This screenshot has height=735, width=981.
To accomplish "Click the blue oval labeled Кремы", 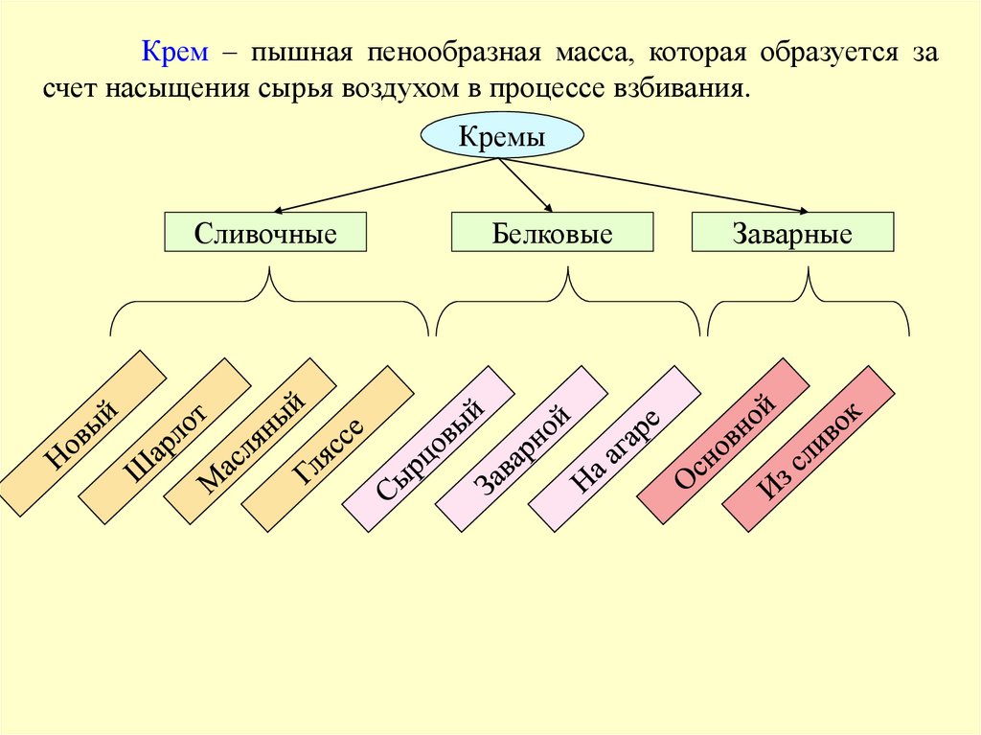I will (502, 137).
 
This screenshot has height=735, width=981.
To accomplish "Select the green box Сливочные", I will (265, 233).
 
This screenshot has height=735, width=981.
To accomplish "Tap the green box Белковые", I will (553, 233).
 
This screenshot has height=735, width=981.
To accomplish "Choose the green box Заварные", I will (792, 233).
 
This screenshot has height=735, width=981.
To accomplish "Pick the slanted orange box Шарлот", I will (165, 441).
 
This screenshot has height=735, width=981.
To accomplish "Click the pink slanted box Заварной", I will (522, 448).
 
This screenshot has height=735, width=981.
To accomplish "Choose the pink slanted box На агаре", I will (615, 447).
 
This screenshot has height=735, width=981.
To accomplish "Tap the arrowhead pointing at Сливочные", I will (276, 210).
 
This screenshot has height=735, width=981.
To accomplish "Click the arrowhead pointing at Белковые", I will (549, 208).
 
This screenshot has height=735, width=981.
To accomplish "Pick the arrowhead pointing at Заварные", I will (803, 210).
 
